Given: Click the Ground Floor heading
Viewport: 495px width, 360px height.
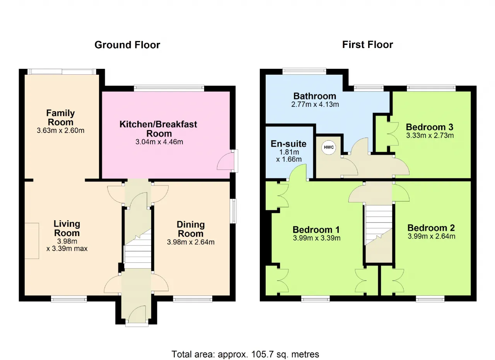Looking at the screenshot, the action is point(127,45).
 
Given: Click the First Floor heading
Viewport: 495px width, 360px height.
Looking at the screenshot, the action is point(368,45).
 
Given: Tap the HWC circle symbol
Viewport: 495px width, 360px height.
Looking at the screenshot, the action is point(329,147).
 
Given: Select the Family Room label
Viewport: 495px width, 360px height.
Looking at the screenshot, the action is point(61,117).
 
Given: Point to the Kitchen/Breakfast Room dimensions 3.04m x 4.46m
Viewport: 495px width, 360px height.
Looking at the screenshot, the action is point(159,142).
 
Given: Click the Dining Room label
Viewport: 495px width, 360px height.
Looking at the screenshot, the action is point(191,229).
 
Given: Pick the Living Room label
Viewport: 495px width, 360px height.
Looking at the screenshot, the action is point(67,228).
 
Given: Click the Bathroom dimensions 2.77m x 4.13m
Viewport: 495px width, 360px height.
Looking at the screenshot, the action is point(315,104).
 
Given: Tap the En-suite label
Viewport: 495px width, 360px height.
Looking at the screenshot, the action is point(288,144).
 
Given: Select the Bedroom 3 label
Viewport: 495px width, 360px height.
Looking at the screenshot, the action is point(430,127).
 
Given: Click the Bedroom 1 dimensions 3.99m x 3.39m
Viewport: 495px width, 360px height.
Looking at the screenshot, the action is point(316,238).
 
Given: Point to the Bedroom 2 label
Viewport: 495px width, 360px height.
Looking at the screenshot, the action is point(431,228).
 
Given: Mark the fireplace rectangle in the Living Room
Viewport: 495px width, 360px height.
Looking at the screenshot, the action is point(32,241).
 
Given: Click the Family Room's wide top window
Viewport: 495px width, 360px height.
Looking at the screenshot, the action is point(61,72).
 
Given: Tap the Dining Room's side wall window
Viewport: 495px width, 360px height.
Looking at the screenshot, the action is point(233,211).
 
